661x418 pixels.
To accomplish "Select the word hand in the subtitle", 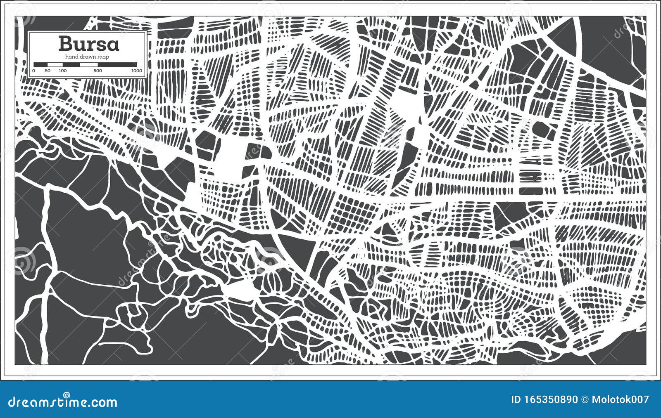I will [x=71, y=57].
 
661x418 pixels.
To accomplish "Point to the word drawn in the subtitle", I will [x=88, y=57].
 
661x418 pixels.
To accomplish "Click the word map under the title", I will [x=103, y=57].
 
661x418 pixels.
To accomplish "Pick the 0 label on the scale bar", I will [x=33, y=71].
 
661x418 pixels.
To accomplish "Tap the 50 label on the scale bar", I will [x=48, y=71].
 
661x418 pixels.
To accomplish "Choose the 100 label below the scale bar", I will [x=62, y=71].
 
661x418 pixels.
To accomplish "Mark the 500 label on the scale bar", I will [x=98, y=71].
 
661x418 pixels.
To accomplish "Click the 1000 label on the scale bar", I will [x=136, y=71].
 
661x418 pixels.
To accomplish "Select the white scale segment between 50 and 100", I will [x=55, y=64].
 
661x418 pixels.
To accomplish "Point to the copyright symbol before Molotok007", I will [x=585, y=399].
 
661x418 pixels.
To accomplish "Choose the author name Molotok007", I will [x=620, y=399].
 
